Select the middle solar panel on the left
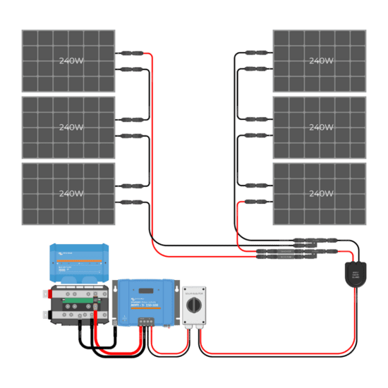68,127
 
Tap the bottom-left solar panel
68,194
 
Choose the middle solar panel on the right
320,127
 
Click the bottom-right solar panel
320,194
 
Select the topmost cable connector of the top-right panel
258,52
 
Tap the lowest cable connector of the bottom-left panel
130,202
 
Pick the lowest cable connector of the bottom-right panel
258,202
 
